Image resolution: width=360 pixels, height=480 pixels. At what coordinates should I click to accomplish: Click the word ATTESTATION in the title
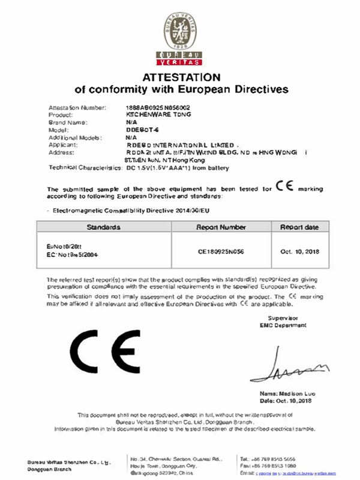[x=181, y=77]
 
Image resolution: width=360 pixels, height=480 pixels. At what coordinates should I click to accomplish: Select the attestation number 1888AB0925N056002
[x=152, y=106]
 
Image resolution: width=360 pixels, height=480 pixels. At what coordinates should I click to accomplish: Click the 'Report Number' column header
[x=221, y=228]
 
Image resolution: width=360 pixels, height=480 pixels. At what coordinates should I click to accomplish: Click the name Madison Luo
[x=284, y=393]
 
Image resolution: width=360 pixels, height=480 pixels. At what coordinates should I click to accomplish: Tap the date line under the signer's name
[x=285, y=400]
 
